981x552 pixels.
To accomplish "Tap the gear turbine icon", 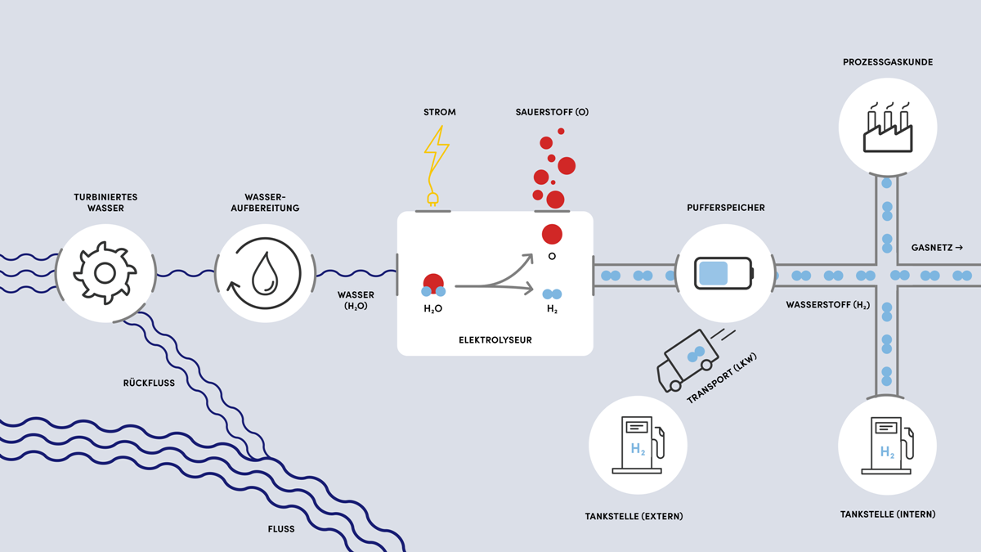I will tap(104, 272).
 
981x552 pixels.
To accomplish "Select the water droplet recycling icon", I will tap(264, 272).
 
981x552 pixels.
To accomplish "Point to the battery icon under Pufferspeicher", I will tap(723, 272).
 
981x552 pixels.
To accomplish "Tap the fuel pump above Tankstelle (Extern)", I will tap(638, 445).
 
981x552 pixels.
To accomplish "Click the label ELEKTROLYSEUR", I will tap(495, 339).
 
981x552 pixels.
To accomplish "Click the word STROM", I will tap(440, 112).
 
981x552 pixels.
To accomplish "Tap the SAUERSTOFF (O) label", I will tap(552, 112).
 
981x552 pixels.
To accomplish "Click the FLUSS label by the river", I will tap(280, 529).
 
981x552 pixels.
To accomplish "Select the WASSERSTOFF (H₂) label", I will tap(827, 305).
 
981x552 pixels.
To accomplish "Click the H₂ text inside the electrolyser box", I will tap(552, 310).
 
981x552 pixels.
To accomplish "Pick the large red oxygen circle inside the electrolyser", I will tap(552, 234).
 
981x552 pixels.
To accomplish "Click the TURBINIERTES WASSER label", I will tap(105, 203).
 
